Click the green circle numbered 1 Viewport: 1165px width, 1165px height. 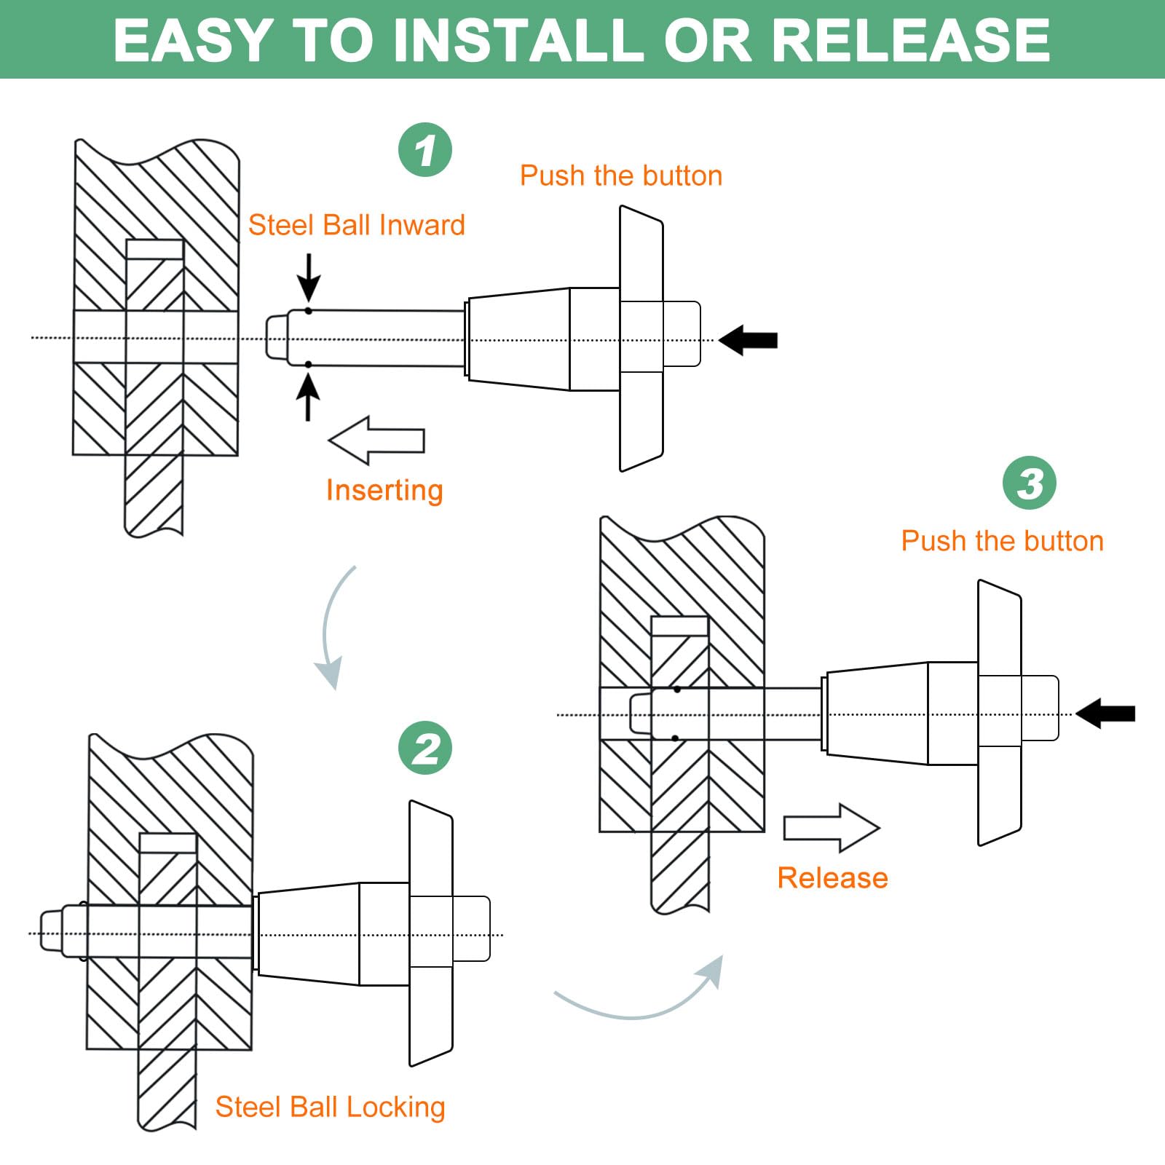(425, 150)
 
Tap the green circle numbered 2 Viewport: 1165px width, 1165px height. (425, 748)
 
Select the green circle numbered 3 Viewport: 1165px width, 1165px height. (1029, 483)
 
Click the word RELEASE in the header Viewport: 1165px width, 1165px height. (909, 40)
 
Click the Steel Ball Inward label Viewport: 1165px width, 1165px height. (356, 225)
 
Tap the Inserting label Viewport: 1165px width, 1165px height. (384, 490)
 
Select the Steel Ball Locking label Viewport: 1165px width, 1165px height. (330, 1107)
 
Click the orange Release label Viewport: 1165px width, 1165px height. (832, 877)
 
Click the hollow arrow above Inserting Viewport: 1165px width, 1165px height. (376, 440)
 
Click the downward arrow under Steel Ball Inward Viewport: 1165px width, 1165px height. (309, 277)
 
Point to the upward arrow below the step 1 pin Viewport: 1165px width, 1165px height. (309, 396)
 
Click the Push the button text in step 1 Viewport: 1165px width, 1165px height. (620, 175)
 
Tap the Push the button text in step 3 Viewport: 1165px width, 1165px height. (1002, 541)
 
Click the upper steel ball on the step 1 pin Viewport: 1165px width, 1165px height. (309, 312)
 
